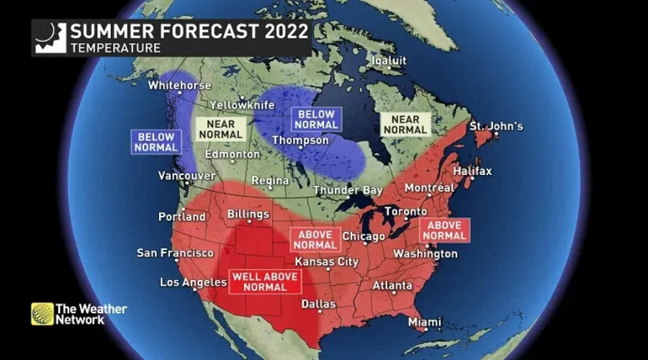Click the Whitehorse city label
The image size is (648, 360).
click(x=179, y=86)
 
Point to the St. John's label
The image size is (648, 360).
click(x=496, y=127)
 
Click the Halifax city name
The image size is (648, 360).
click(x=472, y=171)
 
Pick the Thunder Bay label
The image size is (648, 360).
click(x=347, y=191)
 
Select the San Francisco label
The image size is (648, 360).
click(x=175, y=253)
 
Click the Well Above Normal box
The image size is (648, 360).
click(x=264, y=281)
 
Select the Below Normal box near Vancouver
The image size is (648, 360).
click(x=155, y=142)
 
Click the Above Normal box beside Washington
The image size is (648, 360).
click(x=444, y=230)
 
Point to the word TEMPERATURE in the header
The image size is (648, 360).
click(x=114, y=48)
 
